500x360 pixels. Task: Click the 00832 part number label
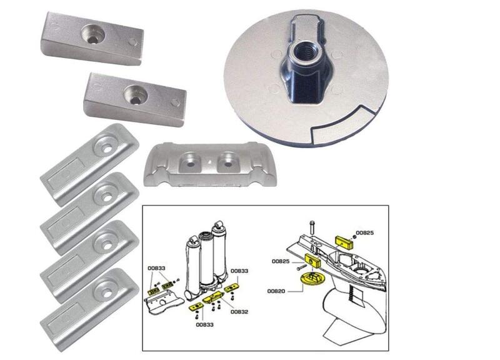tap(240, 311)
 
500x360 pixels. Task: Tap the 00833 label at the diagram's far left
tap(157, 267)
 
